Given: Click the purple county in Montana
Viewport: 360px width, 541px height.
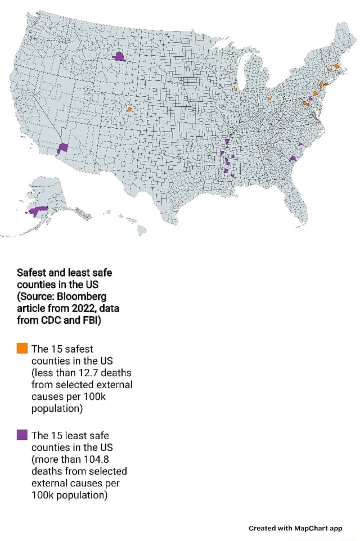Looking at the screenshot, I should [x=119, y=56].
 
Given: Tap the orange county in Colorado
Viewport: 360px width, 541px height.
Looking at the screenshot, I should [x=129, y=109].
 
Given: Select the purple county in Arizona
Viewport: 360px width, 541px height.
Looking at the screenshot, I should [x=62, y=147].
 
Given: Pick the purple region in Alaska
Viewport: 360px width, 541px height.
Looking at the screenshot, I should [x=38, y=211].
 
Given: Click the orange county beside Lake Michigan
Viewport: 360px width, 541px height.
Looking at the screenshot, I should [x=236, y=88].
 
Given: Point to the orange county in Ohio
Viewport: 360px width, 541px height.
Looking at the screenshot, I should [x=269, y=98].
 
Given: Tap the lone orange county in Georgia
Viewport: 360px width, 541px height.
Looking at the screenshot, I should [x=268, y=150].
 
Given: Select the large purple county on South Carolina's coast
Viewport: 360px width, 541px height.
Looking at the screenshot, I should [x=292, y=159].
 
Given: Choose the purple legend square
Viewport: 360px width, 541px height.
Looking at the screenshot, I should [x=22, y=434].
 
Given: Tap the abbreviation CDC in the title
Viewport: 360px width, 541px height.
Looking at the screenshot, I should [x=51, y=321].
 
